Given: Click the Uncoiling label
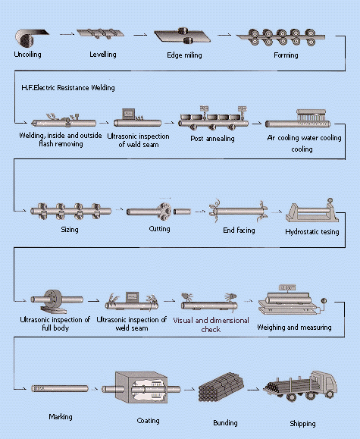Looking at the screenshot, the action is pos(28,55).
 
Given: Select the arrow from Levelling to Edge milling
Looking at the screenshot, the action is pos(140,35).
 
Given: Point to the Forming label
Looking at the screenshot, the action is pos(286,55).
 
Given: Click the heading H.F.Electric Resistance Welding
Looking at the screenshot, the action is pos(68,88).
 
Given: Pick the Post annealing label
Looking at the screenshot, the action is pos(212,138).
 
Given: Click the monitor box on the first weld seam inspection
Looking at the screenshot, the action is pos(129,114).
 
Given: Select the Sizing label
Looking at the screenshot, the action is pos(70,230).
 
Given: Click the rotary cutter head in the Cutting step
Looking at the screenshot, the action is pos(164,211).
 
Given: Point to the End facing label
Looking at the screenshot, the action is pos(239,230).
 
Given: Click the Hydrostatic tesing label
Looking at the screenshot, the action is pos(312,232).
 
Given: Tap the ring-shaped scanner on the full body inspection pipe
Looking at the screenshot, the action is pos(54,300).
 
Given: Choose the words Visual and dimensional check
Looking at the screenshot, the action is pos(211,325).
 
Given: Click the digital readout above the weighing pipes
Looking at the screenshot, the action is pos(287,287).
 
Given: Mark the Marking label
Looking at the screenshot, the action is pos(61,416).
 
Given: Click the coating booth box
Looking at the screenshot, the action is pos(142,387).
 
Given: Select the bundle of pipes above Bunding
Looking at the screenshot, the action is pos(221,387).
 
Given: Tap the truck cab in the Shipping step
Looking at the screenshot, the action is pos(324,382).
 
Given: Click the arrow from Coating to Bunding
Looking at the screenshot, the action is pos(189,389).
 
